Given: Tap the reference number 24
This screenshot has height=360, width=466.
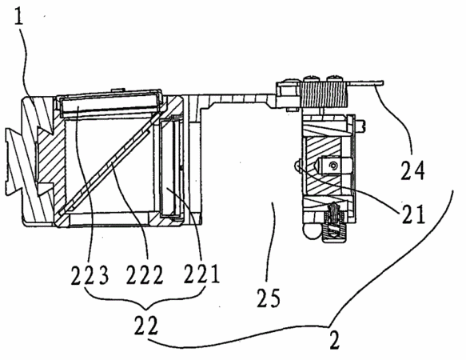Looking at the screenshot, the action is [x=412, y=170].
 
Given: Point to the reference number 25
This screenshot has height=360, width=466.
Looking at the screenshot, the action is [x=269, y=298].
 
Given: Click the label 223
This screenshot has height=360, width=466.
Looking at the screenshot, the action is [x=90, y=274].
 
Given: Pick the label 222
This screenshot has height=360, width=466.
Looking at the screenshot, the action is [x=145, y=274].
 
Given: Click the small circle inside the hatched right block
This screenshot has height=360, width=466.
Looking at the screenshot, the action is [x=335, y=165].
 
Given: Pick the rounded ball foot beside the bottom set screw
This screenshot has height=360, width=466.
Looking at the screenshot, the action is [x=312, y=230].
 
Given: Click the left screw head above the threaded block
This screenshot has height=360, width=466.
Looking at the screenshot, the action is [x=312, y=79].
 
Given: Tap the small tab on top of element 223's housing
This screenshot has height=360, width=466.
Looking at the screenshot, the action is [x=118, y=89].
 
